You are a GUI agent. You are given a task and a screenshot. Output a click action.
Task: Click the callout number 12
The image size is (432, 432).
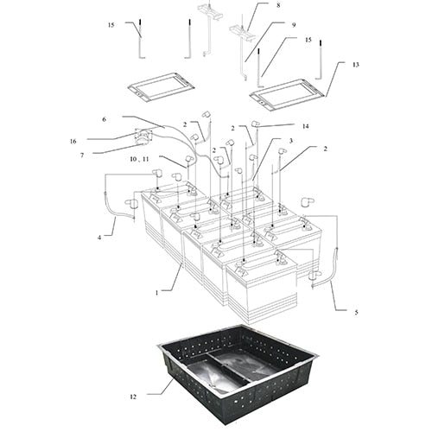tap(133, 397)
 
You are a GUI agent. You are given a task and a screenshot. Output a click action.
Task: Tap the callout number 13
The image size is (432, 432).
tap(356, 65)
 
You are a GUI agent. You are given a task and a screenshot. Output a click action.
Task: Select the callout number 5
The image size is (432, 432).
tap(356, 312)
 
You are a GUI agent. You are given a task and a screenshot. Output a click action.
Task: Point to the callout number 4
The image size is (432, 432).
tap(99, 238)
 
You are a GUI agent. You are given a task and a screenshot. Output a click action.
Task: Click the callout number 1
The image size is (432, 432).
tap(157, 293)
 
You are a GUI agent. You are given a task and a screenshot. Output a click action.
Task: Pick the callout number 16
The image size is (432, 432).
tap(73, 142)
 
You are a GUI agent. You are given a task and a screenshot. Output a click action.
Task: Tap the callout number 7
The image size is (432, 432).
tap(82, 156)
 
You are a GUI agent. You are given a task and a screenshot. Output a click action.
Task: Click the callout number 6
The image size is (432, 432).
tap(105, 119)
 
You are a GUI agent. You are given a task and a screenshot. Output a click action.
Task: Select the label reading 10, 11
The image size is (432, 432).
tap(139, 159)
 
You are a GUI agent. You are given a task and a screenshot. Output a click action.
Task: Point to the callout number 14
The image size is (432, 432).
tap(305, 126)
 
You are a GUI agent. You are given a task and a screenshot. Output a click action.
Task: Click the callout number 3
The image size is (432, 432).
tap(291, 141)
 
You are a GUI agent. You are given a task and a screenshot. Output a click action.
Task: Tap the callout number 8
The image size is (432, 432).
tap(278, 5)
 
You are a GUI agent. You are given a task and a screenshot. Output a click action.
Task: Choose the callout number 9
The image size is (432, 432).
tap(294, 25)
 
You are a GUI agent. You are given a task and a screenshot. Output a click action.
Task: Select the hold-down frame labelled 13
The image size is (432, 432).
tap(288, 95)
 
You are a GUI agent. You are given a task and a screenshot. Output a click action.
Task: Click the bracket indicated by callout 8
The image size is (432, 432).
tap(242, 31)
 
